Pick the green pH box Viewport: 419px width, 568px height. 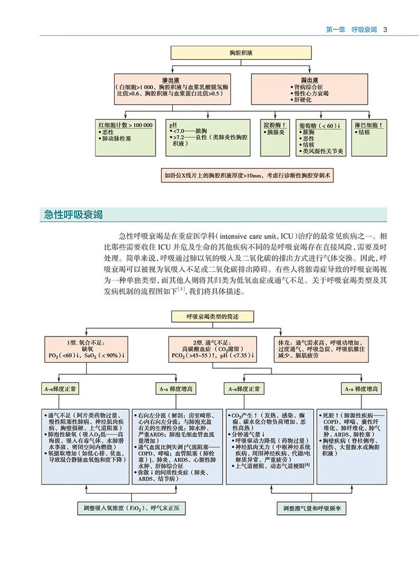209,136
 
